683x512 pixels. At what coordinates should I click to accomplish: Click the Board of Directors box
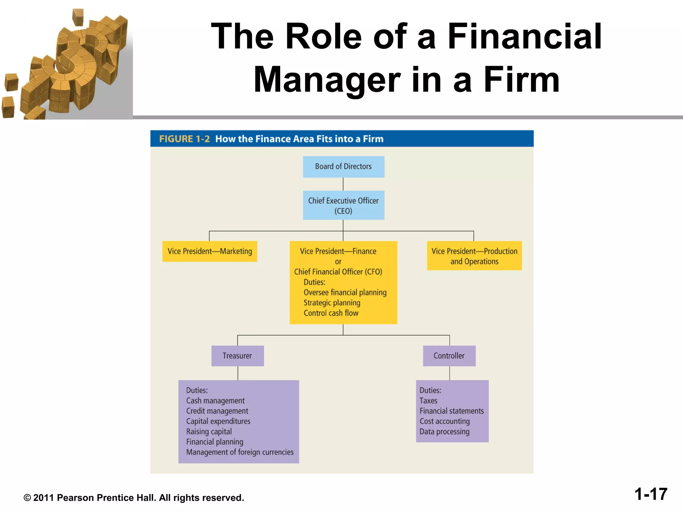[x=344, y=167]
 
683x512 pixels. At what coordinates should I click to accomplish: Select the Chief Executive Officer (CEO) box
[x=344, y=205]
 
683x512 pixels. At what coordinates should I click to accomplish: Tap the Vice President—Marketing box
[x=210, y=251]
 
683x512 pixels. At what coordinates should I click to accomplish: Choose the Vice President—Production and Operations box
[x=474, y=256]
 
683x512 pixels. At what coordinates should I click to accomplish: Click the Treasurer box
[x=237, y=356]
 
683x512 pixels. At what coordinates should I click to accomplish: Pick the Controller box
[x=449, y=356]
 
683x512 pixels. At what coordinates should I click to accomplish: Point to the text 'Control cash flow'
[x=331, y=313]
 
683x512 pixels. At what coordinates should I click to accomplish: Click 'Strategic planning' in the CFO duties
[x=332, y=303]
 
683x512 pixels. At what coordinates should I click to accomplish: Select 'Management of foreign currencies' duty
[x=240, y=452]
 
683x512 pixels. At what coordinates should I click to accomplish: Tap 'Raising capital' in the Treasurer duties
[x=209, y=432]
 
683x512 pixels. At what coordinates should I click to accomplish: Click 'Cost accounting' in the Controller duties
[x=445, y=421]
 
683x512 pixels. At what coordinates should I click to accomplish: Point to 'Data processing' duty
[x=444, y=432]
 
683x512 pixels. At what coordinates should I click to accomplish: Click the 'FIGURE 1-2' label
[x=184, y=139]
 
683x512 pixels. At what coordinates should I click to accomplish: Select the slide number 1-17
[x=651, y=494]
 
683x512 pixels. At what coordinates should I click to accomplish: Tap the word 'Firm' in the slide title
[x=522, y=80]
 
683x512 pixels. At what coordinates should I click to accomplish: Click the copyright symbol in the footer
[x=27, y=498]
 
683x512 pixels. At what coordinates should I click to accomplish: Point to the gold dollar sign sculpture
[x=73, y=63]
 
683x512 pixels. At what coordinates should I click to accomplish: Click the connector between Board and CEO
[x=343, y=184]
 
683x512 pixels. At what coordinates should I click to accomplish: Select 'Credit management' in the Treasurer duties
[x=217, y=411]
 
